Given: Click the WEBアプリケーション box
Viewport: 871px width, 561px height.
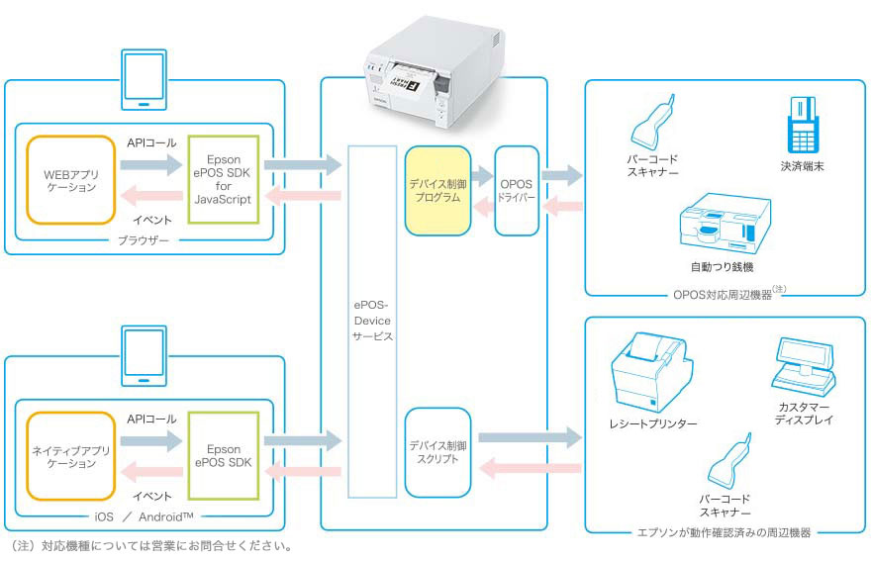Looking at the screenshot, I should [71, 179].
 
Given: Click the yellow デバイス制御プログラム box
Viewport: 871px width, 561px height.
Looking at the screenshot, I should [435, 189].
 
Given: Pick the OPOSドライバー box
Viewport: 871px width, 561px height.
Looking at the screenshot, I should [516, 189].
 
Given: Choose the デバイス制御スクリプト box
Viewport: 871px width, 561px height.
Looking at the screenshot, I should [435, 452].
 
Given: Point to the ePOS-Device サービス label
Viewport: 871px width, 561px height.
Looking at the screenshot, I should [372, 321].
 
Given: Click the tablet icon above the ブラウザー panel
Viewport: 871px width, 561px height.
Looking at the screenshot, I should [144, 80].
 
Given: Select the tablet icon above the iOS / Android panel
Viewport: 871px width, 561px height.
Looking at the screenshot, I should [144, 357].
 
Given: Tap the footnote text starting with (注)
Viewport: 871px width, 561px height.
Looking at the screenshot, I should [149, 546].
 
